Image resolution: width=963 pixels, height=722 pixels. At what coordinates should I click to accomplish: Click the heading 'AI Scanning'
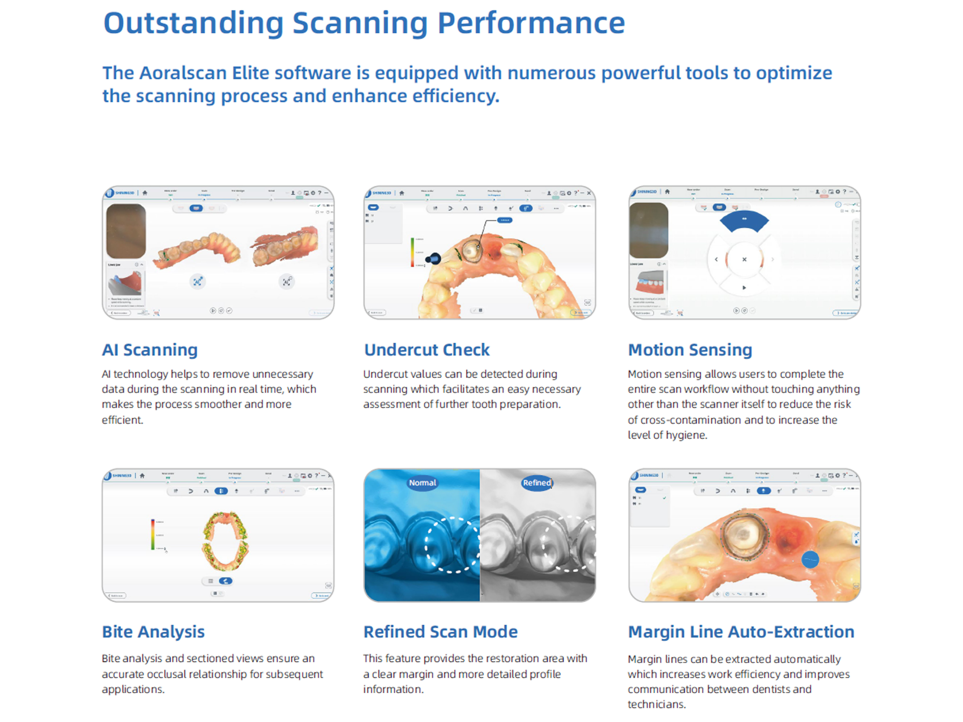(150, 350)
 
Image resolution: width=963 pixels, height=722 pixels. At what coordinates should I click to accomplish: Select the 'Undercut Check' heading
(427, 350)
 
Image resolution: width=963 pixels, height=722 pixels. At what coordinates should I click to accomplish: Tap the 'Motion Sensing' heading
(690, 350)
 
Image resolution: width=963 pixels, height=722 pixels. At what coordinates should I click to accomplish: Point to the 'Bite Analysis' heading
(153, 632)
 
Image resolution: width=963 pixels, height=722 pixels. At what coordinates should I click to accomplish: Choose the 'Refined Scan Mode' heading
(441, 632)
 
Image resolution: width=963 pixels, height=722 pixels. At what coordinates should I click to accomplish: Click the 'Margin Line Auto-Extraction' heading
(741, 632)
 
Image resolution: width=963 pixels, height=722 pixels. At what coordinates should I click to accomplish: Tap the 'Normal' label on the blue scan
(422, 483)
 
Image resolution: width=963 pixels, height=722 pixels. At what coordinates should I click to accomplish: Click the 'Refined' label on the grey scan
(537, 483)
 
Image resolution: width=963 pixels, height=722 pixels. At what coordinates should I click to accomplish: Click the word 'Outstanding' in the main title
(194, 23)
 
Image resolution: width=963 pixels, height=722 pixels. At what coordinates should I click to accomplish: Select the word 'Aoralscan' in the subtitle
(183, 73)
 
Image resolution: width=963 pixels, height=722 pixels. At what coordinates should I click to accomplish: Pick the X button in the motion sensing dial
(744, 259)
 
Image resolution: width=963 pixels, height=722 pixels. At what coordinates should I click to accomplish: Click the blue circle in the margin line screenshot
(810, 560)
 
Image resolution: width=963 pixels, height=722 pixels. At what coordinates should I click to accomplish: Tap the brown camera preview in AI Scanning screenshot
(126, 231)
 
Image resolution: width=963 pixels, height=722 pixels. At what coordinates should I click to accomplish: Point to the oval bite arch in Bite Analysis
(225, 541)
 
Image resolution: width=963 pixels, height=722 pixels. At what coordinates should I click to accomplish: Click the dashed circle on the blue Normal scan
(451, 545)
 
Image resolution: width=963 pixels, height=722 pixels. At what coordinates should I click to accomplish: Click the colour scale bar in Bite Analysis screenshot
(153, 534)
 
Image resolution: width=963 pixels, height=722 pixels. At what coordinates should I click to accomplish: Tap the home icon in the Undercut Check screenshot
(402, 193)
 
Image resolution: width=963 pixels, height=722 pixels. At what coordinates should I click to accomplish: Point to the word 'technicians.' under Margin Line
(657, 704)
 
